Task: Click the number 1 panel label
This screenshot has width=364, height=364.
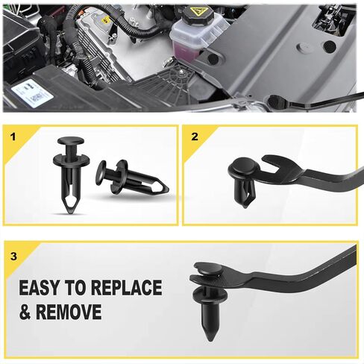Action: (x=13, y=137)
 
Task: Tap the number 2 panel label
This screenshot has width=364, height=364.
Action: (x=195, y=136)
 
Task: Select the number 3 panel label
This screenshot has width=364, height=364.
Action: (x=14, y=257)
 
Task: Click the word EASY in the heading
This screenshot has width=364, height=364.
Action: (x=40, y=288)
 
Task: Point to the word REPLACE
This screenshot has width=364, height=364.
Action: (x=127, y=288)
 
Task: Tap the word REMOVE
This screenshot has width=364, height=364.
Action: (x=69, y=311)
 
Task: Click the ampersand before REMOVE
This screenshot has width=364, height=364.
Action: (x=25, y=311)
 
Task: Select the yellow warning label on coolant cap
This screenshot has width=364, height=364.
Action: (x=197, y=12)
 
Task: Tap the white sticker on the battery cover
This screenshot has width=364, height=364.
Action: (x=33, y=93)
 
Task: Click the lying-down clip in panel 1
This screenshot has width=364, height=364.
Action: (x=132, y=177)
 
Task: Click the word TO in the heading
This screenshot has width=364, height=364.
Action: (x=76, y=288)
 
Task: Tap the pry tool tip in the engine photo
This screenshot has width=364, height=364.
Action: (x=276, y=101)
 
